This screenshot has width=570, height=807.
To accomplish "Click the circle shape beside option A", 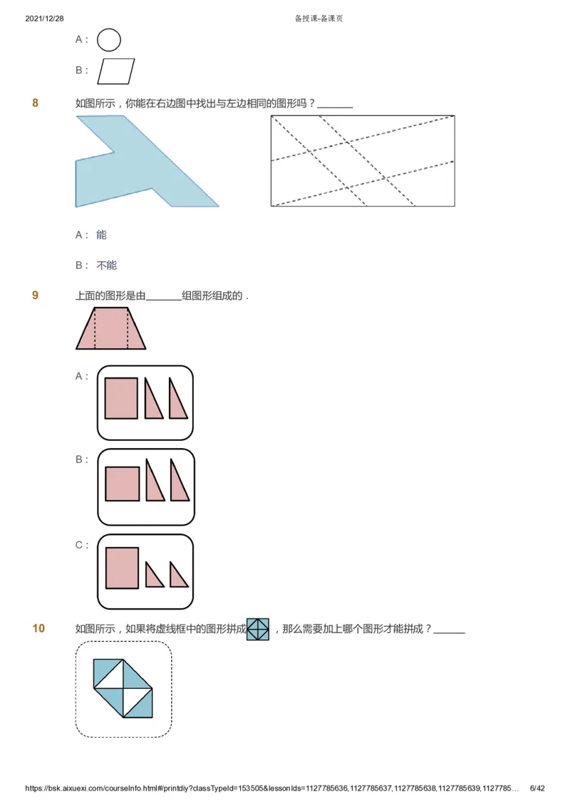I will point(109,40).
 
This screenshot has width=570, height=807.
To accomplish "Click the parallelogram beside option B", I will point(116,71).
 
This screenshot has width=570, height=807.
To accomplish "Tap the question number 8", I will point(36,103).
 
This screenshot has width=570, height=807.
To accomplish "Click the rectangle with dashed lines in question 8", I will point(362,161).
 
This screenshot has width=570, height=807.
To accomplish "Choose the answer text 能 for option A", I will point(102,234).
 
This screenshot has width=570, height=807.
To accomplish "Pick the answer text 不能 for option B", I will point(107,265).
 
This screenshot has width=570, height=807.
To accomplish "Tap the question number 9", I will point(36,296).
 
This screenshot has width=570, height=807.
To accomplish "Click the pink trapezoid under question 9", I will point(111,329).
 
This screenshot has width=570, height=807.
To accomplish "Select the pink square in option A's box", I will point(121,397).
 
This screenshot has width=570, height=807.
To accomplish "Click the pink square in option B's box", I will point(122,484).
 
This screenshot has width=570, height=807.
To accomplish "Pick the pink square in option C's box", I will point(122,568).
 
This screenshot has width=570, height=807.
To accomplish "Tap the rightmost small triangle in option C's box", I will point(178,577).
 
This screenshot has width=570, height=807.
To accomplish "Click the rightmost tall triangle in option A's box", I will point(177,401).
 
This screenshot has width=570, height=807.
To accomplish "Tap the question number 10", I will point(38,628).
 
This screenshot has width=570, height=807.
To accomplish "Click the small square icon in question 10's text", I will point(258,629).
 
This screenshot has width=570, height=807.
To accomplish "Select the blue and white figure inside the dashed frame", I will point(123,687).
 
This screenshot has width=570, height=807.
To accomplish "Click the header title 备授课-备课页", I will point(318,19).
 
